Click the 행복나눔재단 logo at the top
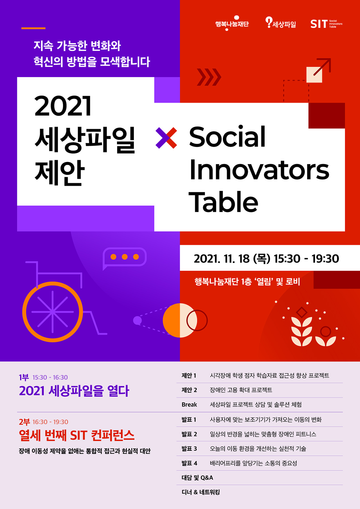(232, 23)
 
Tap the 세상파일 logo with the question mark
(280, 23)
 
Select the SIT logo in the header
(327, 24)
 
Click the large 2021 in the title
(63, 106)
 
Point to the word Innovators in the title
(259, 170)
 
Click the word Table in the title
(223, 202)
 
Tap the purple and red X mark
(166, 138)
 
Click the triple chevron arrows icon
(209, 77)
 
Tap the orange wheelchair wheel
(53, 312)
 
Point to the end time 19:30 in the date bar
(325, 258)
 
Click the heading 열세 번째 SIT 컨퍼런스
(77, 435)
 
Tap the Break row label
(189, 405)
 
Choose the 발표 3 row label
(189, 449)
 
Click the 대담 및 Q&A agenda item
(197, 478)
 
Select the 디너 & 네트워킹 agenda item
(201, 492)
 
